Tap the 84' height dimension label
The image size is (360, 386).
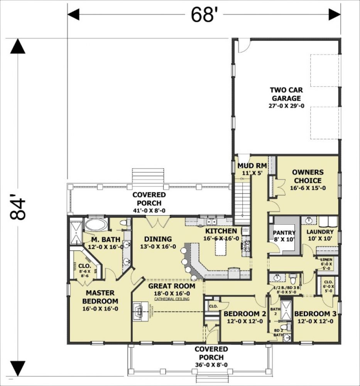click(18, 209)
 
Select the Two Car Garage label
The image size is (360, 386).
click(286, 94)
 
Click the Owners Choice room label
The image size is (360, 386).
click(308, 176)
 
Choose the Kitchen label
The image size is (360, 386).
click(221, 231)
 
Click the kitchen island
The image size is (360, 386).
click(221, 247)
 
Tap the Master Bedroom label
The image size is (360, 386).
click(101, 297)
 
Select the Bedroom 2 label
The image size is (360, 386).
click(245, 314)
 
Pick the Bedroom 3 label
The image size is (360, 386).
click(313, 314)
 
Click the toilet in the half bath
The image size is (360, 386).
click(293, 278)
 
